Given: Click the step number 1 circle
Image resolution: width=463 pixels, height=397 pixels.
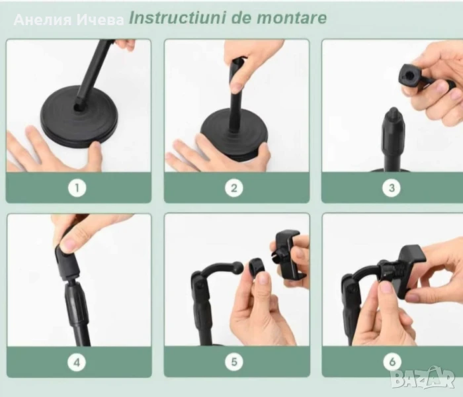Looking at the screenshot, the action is point(77,188).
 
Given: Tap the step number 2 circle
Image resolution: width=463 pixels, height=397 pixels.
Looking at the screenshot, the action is point(234,188).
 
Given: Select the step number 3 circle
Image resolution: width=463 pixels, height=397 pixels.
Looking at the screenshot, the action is point(392,187).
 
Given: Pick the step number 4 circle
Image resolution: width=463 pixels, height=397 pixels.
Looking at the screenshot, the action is point(77,362).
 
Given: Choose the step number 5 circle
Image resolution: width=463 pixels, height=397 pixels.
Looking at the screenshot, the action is point(234,362).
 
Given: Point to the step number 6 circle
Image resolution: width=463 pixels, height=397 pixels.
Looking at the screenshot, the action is point(392,361).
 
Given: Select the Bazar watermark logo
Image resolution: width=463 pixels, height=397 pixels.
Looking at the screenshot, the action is point(422,378).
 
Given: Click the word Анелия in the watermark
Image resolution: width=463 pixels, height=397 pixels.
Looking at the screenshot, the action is point(43,20).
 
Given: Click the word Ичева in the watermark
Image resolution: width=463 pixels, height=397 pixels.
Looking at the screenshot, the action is point(100,20).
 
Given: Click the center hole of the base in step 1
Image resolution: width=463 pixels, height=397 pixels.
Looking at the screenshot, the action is point(78,107).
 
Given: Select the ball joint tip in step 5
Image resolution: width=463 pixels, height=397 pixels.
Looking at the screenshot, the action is point(239,267).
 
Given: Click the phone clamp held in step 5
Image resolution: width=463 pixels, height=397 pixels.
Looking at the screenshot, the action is point(287,254).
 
